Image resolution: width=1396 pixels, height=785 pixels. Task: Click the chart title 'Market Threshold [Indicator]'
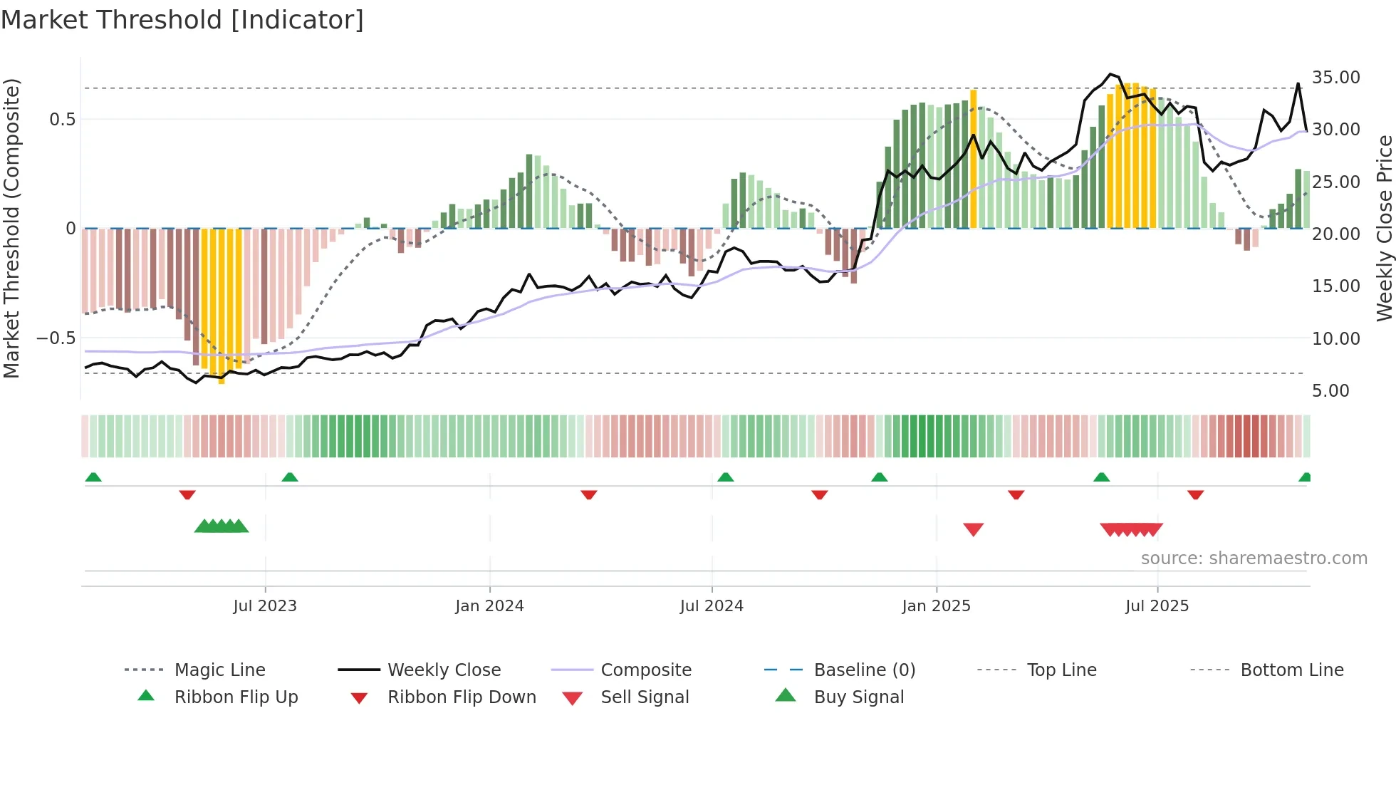point(182,20)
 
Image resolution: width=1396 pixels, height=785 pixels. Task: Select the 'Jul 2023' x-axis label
point(265,605)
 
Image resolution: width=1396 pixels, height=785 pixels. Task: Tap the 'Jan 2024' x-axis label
point(489,605)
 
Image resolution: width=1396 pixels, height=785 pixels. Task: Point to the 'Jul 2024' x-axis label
point(712,605)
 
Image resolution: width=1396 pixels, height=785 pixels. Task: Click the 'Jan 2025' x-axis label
point(936,605)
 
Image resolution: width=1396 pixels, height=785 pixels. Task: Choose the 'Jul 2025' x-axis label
point(1157,605)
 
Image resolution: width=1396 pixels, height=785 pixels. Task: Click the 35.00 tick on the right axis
point(1335,77)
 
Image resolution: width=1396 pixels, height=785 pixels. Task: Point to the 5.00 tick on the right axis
point(1330,390)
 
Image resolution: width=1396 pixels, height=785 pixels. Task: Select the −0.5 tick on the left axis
point(56,338)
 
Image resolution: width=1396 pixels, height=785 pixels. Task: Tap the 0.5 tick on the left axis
point(62,119)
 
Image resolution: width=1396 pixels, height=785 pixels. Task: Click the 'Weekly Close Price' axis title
point(1384,228)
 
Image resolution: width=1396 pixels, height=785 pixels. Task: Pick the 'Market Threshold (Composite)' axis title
point(11,228)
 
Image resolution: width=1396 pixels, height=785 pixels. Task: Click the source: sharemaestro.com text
point(1254,558)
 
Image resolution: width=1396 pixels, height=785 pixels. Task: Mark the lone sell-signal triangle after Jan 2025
point(973,529)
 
